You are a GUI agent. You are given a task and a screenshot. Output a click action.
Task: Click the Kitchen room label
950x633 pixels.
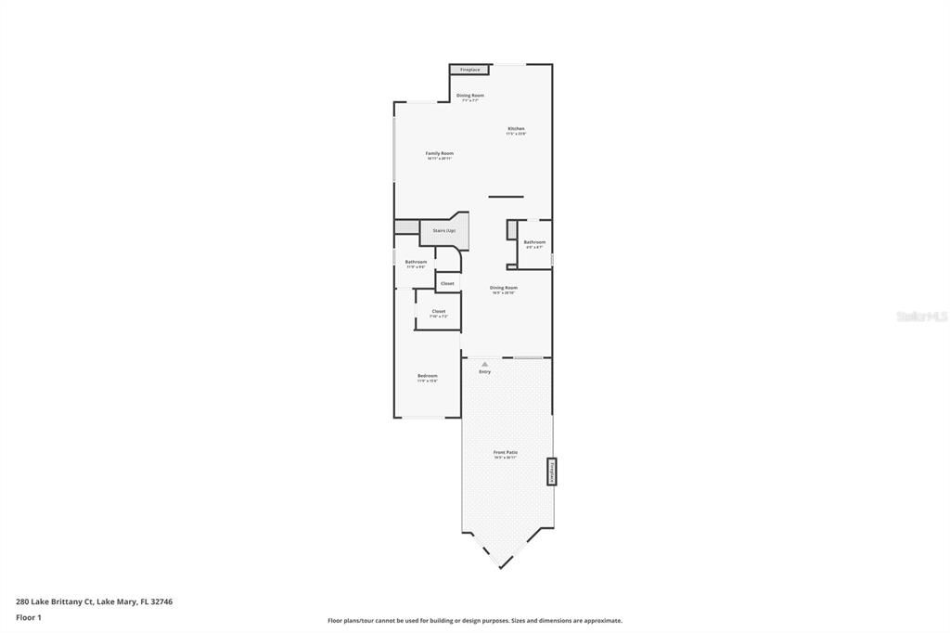516,128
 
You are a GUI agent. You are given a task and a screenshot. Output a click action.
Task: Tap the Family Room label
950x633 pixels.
440,153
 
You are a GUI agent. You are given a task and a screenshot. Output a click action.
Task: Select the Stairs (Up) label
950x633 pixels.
443,230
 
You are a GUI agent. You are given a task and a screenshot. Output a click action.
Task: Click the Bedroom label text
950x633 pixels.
427,376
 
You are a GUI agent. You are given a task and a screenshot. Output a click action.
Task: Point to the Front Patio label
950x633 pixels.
506,453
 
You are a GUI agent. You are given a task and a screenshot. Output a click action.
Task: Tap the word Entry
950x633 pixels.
485,372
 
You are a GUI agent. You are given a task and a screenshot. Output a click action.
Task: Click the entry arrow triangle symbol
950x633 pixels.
484,364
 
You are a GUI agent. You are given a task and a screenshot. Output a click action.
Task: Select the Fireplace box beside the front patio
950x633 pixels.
551,472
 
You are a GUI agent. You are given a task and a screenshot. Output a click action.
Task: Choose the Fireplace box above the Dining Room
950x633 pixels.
470,70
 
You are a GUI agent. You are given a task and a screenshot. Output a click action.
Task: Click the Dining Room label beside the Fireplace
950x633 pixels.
470,96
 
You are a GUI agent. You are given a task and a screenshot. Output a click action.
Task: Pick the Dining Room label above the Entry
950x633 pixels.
504,288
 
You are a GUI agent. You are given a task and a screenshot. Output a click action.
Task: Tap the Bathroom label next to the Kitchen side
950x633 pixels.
534,242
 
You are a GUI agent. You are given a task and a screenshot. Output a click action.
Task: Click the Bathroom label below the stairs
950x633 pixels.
416,262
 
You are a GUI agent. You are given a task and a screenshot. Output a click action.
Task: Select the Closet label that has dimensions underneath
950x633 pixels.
439,312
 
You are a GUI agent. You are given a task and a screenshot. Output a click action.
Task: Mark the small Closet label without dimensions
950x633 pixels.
447,283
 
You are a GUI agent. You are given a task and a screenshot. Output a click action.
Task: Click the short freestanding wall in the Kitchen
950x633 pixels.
506,197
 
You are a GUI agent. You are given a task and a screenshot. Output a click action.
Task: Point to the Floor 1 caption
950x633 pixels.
29,617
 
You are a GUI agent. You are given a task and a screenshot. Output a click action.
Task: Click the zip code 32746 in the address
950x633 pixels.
160,601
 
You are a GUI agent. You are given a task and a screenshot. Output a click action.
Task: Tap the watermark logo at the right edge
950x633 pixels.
921,316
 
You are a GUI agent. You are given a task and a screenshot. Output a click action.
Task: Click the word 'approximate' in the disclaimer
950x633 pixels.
600,621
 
